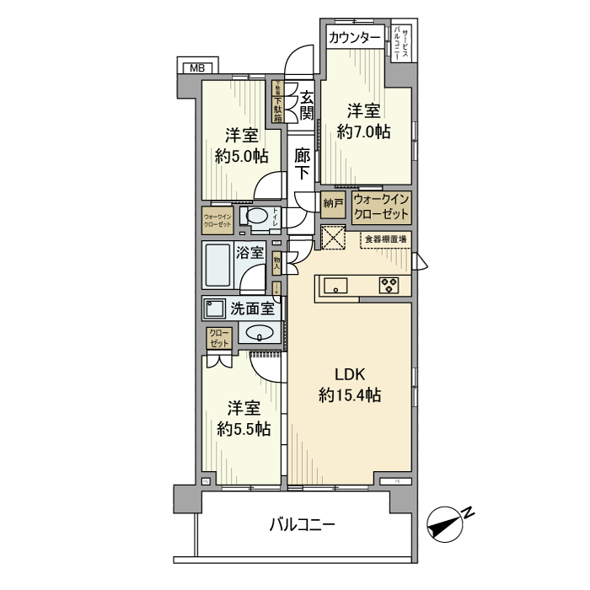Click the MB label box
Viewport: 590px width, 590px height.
pos(196,67)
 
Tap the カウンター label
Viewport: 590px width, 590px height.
pos(353,37)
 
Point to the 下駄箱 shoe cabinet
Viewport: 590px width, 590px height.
pos(276,101)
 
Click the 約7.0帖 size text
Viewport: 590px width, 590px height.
pos(364,131)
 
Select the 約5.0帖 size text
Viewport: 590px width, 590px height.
pos(241,156)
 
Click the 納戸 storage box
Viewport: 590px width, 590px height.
pos(333,203)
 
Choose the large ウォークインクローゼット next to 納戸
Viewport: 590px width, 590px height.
pos(381,206)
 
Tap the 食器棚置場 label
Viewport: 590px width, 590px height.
pos(385,239)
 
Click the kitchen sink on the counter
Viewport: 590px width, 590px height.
pos(336,285)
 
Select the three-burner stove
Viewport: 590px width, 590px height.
pos(390,285)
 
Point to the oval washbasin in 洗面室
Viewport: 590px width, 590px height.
pos(260,332)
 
